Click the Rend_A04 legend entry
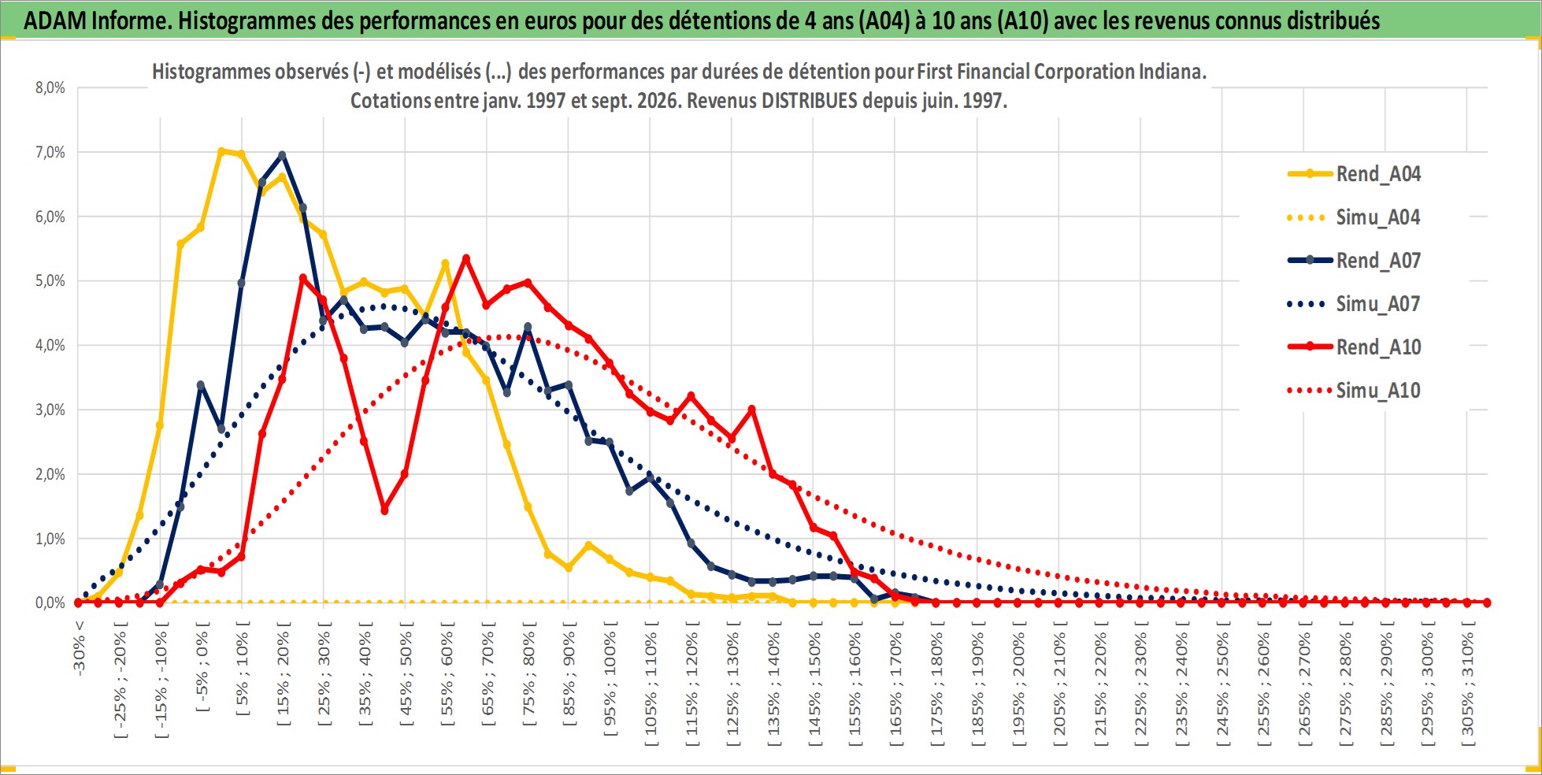(x=1355, y=174)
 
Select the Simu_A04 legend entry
(x=1355, y=217)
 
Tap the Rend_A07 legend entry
(x=1355, y=261)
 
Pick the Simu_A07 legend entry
(x=1355, y=304)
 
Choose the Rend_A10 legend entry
(x=1355, y=347)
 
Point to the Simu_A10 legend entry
(x=1355, y=391)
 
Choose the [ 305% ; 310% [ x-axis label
(x=1468, y=681)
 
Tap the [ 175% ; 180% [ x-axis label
(x=937, y=681)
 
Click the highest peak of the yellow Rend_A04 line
(x=221, y=150)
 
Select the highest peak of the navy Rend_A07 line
(x=282, y=155)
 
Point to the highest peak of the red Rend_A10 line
(x=466, y=258)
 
